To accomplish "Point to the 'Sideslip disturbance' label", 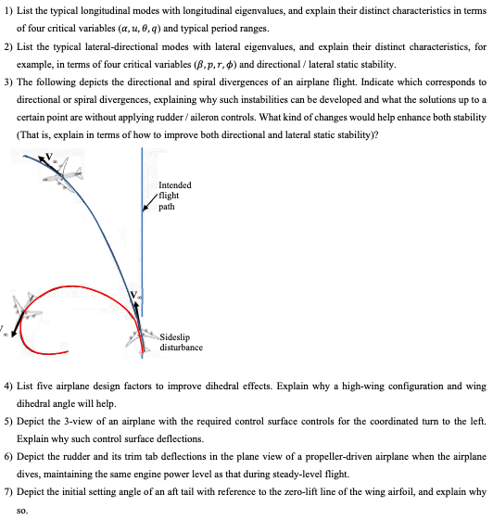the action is [x=181, y=342].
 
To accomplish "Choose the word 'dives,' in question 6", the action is [x=32, y=472].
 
